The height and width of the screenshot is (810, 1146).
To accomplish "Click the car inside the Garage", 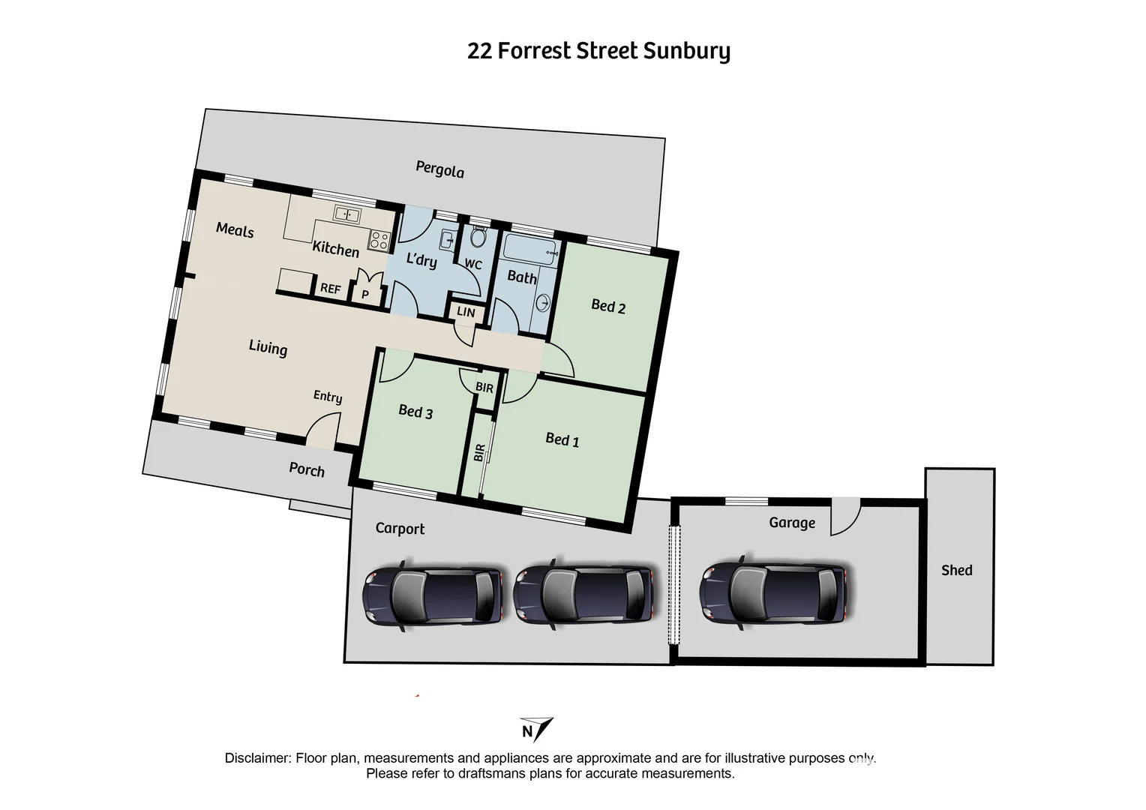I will (x=772, y=593).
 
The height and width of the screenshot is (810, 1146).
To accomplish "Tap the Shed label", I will (x=956, y=571).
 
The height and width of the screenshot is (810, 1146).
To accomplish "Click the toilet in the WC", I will (x=478, y=238).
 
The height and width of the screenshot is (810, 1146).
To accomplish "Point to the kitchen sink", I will (x=347, y=214).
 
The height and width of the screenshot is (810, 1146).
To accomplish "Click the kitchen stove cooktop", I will (x=379, y=240).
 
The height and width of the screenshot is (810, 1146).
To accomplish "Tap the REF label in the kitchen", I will (x=330, y=289).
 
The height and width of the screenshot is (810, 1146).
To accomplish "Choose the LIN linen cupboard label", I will (x=466, y=312).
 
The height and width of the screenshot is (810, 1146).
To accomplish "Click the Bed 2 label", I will (x=608, y=306).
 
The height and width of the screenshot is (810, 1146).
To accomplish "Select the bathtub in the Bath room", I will (x=529, y=248).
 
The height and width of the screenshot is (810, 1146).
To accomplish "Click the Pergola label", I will (x=440, y=169).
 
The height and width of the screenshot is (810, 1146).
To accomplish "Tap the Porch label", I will (x=307, y=470).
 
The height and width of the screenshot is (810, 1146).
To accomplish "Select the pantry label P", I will (x=365, y=295).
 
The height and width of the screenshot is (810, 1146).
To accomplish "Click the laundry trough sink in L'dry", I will (x=446, y=240).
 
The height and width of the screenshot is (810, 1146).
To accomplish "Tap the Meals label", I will (x=235, y=230).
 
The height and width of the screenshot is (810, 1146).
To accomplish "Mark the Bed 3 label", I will (x=415, y=411).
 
